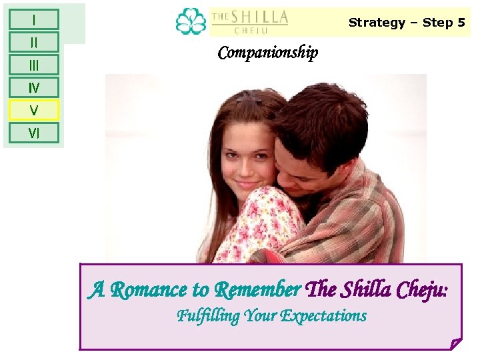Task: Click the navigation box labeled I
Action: click(33, 19)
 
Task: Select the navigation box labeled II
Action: click(33, 42)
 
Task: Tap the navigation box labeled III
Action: click(33, 65)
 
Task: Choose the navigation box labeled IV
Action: click(33, 87)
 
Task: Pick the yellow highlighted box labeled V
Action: click(33, 110)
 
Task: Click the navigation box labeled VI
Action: click(33, 133)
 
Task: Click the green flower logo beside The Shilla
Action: click(191, 21)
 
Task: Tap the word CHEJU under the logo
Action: click(250, 30)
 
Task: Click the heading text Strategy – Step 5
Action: click(407, 23)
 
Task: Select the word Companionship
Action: click(268, 53)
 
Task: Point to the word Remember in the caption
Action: click(257, 290)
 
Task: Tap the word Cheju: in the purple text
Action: click(422, 290)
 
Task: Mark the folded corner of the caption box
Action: click(455, 343)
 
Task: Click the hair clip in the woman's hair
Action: click(247, 99)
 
